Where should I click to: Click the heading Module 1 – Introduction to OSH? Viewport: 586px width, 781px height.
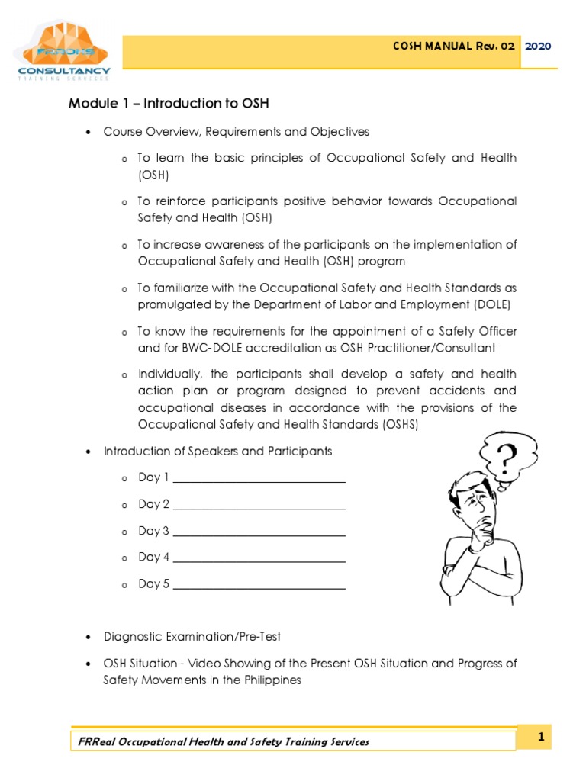pos(169,104)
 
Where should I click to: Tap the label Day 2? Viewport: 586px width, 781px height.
pos(154,504)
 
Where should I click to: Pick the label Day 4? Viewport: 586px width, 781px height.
pos(154,558)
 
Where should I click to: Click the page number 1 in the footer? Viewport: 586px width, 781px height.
pos(540,737)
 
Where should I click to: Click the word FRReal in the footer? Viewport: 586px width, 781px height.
pos(97,741)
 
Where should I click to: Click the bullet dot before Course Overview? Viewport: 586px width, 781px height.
pos(87,132)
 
